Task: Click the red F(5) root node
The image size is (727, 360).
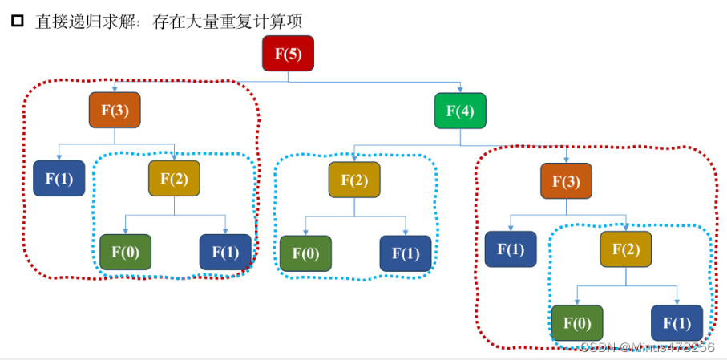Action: click(288, 54)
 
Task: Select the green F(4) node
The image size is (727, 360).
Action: click(460, 111)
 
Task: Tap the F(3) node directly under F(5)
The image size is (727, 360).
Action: click(115, 111)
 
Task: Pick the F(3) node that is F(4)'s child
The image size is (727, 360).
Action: click(566, 180)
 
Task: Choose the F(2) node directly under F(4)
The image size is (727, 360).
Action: click(354, 179)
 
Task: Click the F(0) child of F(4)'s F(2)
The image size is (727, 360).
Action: click(305, 253)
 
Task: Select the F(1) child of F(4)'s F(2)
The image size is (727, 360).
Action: click(405, 253)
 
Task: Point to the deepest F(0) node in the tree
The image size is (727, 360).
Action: click(576, 322)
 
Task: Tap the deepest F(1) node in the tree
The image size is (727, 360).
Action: click(677, 322)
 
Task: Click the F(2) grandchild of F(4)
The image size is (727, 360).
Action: click(625, 249)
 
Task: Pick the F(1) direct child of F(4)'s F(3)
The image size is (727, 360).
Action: click(511, 249)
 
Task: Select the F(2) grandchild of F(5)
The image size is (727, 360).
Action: click(174, 178)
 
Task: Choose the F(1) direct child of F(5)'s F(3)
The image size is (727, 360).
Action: click(59, 178)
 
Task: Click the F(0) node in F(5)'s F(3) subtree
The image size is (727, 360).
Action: click(125, 252)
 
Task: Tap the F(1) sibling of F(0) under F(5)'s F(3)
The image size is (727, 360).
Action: click(225, 252)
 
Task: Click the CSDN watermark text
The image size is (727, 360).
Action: click(646, 346)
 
